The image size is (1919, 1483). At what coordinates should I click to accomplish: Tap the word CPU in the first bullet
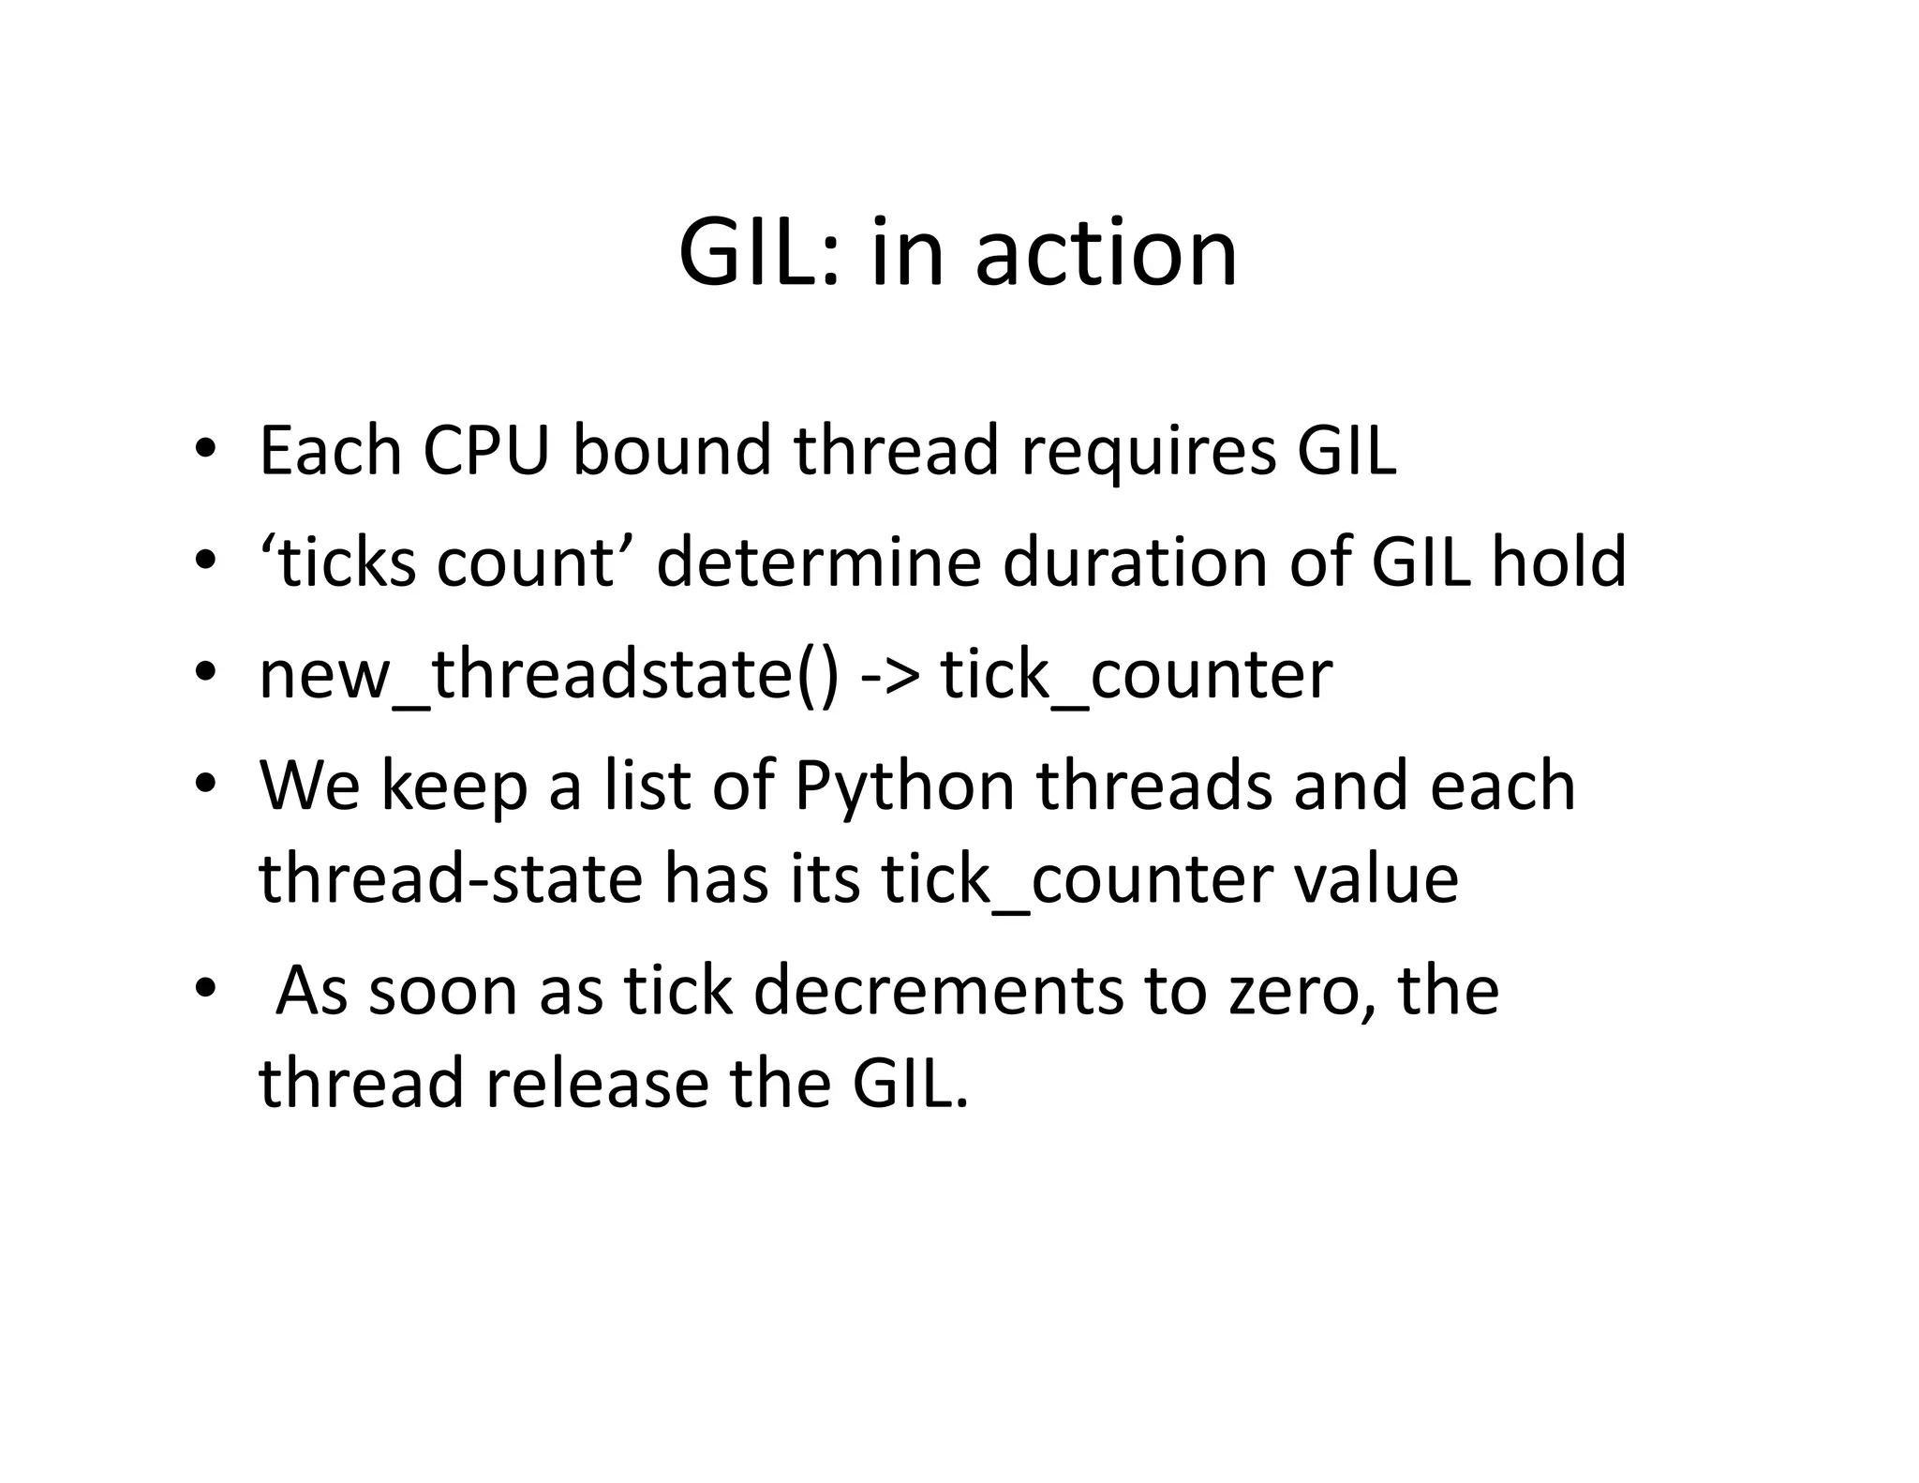point(485,451)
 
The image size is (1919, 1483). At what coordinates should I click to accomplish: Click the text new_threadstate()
point(549,675)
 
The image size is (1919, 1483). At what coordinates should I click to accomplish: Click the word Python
point(904,787)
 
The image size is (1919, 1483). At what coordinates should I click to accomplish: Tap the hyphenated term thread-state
point(451,879)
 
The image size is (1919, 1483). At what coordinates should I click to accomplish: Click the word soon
point(442,991)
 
